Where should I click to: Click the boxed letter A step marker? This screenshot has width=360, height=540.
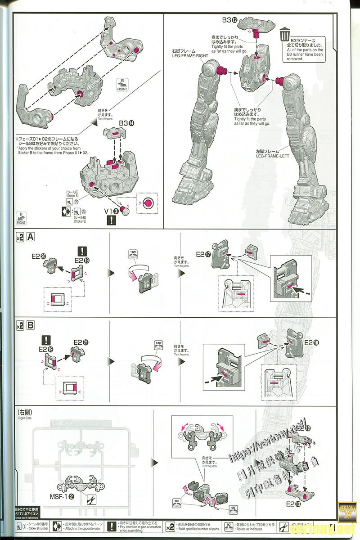[x=31, y=237]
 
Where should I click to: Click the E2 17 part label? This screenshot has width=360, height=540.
[x=204, y=254]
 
